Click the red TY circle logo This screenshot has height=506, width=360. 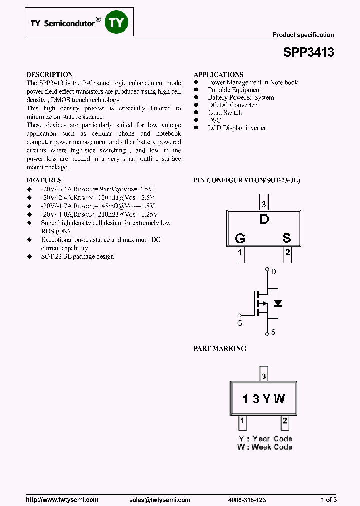(116, 22)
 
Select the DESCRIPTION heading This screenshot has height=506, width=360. (49, 74)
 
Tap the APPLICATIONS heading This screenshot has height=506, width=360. (218, 74)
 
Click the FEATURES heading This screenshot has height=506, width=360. (44, 180)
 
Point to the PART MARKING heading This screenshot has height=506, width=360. (220, 348)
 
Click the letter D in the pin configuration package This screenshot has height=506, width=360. (264, 219)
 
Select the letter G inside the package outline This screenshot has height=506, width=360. (240, 238)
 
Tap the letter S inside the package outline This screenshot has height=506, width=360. (286, 238)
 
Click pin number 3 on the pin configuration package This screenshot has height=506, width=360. (264, 204)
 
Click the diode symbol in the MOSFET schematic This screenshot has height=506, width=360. (278, 303)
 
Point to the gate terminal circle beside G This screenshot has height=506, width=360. (239, 315)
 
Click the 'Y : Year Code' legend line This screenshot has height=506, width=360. (265, 439)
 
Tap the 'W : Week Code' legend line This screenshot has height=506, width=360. (265, 447)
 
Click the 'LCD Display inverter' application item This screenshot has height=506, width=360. (237, 128)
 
